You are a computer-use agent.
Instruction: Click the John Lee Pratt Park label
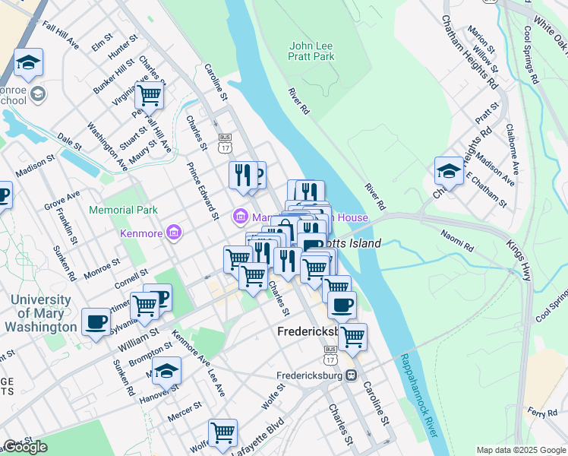coord(311,51)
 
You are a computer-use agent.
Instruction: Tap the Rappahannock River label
coord(418,395)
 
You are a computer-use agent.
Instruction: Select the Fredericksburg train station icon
coord(351,375)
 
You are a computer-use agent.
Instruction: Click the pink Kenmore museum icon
coord(173,231)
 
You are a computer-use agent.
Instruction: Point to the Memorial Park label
coord(123,210)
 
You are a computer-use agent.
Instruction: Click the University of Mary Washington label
coord(41,313)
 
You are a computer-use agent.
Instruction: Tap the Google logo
coord(24,447)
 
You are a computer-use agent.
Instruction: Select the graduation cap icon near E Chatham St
coord(449,172)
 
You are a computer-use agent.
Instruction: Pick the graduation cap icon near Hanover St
coord(166,372)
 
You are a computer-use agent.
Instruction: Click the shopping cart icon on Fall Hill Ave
coord(150,96)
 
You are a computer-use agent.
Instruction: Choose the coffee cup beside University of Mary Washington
coord(96,322)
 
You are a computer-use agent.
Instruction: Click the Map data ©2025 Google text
coord(521,450)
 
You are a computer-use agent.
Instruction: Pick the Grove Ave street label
coord(62,201)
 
